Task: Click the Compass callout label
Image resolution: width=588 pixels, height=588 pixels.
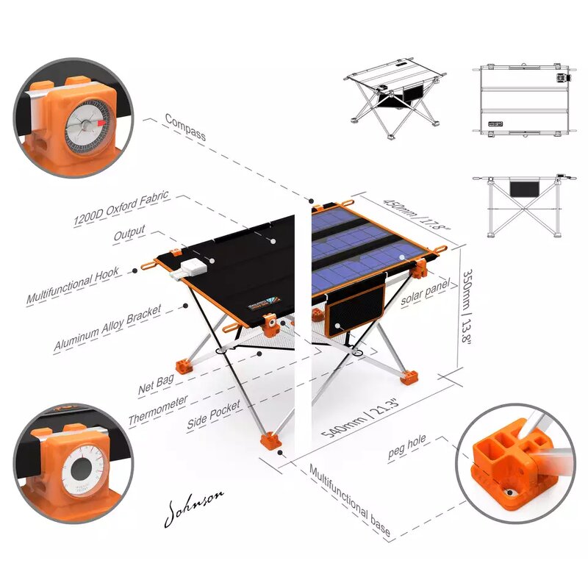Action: click(x=185, y=126)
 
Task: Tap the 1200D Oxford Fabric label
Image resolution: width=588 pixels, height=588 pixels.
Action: click(x=121, y=209)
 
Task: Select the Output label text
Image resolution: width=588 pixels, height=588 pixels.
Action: click(x=129, y=235)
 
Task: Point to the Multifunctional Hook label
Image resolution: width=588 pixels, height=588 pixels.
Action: click(x=73, y=287)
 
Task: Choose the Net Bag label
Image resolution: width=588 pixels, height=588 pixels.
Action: click(x=155, y=384)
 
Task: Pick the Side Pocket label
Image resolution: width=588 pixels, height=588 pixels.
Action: click(x=214, y=416)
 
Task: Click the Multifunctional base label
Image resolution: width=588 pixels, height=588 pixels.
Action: click(x=350, y=499)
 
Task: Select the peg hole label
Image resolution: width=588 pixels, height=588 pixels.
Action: click(x=407, y=447)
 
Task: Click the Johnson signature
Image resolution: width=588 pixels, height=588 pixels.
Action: click(x=194, y=508)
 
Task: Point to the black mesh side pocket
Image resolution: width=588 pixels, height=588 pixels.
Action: click(x=355, y=309)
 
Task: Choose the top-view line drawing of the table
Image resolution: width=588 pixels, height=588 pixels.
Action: click(x=525, y=99)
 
